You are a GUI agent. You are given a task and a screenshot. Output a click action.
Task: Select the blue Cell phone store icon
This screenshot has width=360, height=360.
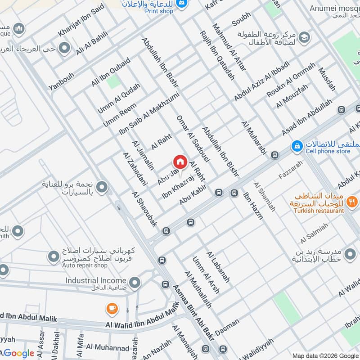pos(297,146)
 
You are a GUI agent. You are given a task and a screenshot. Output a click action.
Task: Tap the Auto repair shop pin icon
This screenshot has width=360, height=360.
pos(53,256)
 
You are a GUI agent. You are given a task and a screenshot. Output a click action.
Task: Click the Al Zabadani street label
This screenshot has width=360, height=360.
pos(135,168)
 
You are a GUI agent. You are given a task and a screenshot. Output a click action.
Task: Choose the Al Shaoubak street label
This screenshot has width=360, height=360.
pos(144,209)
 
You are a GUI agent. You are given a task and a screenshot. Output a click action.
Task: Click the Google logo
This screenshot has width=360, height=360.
pos(19,353)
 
